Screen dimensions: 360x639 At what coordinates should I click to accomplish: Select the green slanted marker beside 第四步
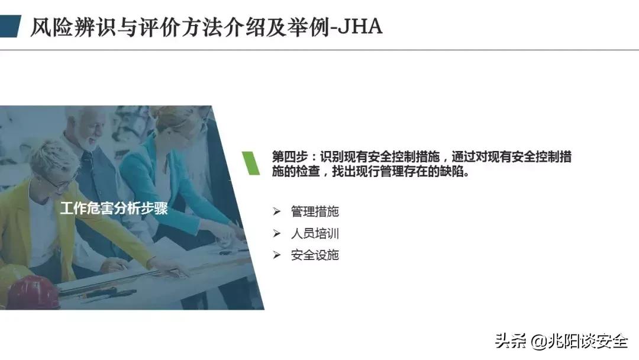pyautogui.click(x=251, y=163)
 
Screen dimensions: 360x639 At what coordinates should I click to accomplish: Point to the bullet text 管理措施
pyautogui.click(x=315, y=211)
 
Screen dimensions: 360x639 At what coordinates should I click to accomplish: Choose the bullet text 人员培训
pyautogui.click(x=315, y=233)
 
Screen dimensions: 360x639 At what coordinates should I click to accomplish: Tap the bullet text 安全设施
pyautogui.click(x=315, y=255)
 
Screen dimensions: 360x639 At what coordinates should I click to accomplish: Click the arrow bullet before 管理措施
pyautogui.click(x=276, y=211)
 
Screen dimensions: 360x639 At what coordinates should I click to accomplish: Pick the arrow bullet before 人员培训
pyautogui.click(x=276, y=233)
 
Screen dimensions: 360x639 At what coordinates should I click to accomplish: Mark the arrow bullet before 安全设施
pyautogui.click(x=276, y=255)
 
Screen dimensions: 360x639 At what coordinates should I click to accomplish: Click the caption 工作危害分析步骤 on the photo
pyautogui.click(x=114, y=208)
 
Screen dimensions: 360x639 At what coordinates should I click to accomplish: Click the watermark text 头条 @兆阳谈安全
pyautogui.click(x=561, y=341)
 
